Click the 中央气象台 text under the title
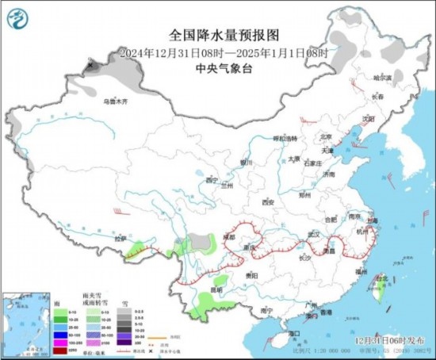(217, 68)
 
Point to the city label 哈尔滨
(383, 77)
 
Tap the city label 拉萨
(120, 238)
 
